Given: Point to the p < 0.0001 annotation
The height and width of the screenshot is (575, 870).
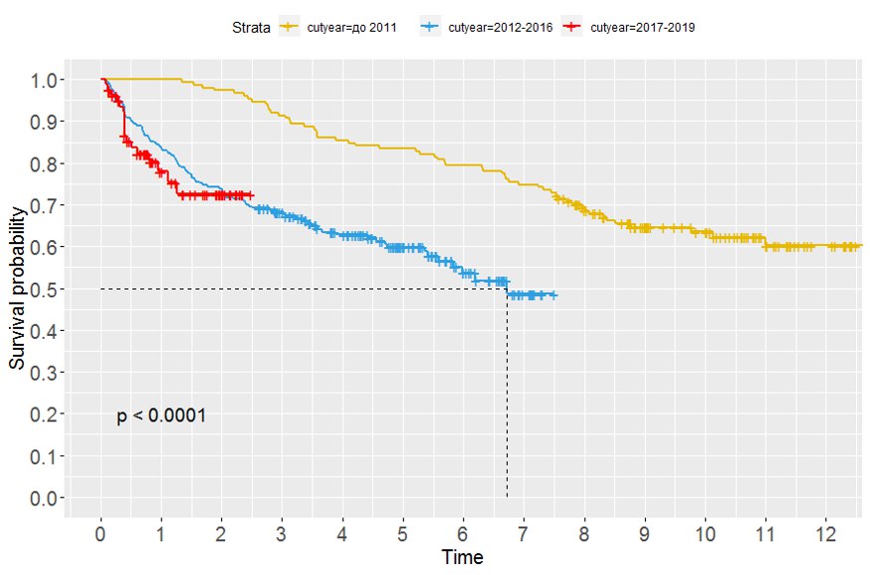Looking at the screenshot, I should (161, 416).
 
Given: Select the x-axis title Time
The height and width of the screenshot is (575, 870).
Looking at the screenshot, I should (463, 558).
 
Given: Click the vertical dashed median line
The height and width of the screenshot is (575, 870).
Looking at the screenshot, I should (507, 399).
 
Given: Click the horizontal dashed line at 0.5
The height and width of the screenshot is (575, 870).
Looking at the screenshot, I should (299, 289).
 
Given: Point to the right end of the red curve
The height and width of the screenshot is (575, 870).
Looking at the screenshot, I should (252, 194).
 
